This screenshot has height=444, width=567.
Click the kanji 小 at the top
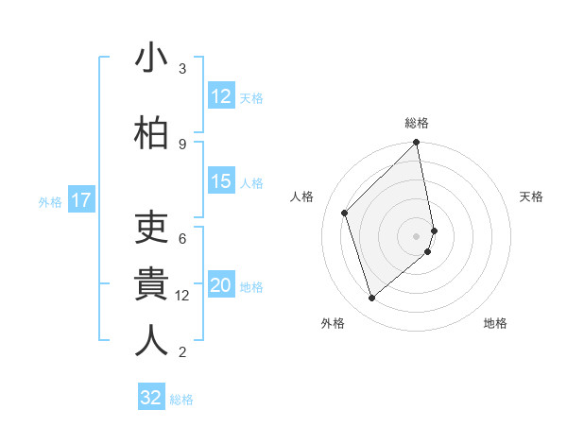click(x=151, y=59)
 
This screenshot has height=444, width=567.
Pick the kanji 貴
click(x=151, y=284)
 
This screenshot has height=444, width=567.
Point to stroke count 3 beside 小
click(x=182, y=69)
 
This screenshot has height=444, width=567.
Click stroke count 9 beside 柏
click(x=182, y=144)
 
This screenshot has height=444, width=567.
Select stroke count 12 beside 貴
click(x=182, y=296)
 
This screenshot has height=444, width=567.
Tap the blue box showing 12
click(x=220, y=96)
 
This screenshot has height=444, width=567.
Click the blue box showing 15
click(x=220, y=181)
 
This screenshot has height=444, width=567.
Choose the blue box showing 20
click(x=220, y=285)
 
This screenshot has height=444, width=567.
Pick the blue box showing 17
click(x=80, y=200)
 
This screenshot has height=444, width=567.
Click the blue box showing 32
click(x=150, y=398)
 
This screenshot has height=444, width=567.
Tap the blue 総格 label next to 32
click(x=181, y=400)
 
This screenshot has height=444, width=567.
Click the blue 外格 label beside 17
click(x=50, y=201)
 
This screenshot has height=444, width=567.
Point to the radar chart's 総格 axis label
click(x=417, y=123)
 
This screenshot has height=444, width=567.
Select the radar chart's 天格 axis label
click(x=532, y=196)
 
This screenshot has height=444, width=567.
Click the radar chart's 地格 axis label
click(x=495, y=324)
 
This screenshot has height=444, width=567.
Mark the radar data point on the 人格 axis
click(x=345, y=213)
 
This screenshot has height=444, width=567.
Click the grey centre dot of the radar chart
click(x=417, y=235)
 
